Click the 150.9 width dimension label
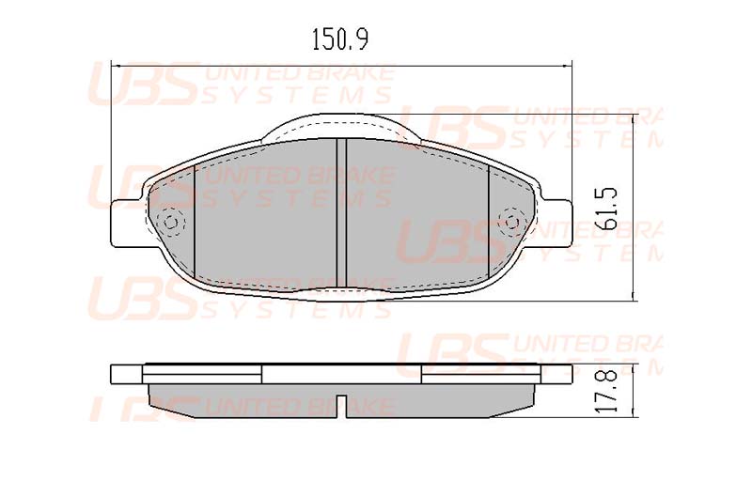(x=340, y=39)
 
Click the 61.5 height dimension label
(x=604, y=209)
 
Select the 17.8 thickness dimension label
(x=605, y=391)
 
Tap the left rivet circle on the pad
(x=171, y=223)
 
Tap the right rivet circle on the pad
(x=510, y=222)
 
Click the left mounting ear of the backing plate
(x=126, y=224)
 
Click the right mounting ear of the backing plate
(x=556, y=224)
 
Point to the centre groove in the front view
(x=341, y=213)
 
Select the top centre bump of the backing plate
(x=341, y=126)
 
